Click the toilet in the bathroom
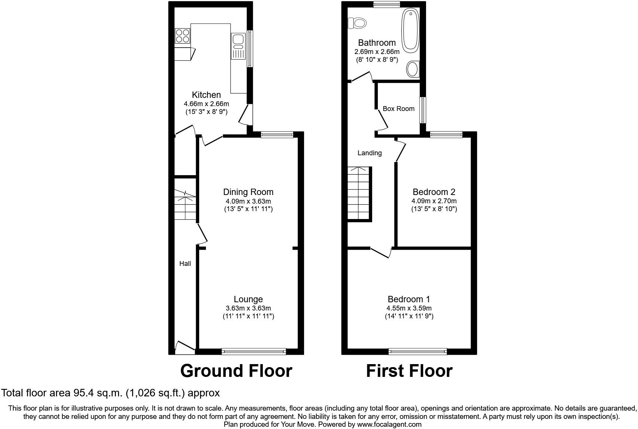click(x=357, y=23)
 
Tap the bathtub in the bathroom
click(x=410, y=30)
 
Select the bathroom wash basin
click(x=413, y=69)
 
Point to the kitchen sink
click(x=238, y=46)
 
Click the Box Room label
click(x=398, y=109)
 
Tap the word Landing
click(x=370, y=153)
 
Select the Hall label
click(x=185, y=264)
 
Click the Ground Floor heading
click(x=236, y=371)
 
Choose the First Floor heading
click(x=409, y=371)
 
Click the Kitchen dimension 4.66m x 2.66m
click(x=207, y=104)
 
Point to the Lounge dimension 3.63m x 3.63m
click(x=248, y=308)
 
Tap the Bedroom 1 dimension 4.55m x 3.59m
click(x=409, y=308)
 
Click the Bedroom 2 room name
click(x=434, y=192)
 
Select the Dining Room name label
click(x=248, y=192)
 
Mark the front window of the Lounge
click(x=254, y=351)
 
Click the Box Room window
click(x=423, y=110)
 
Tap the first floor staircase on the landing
click(x=360, y=194)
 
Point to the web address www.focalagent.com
click(x=389, y=424)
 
